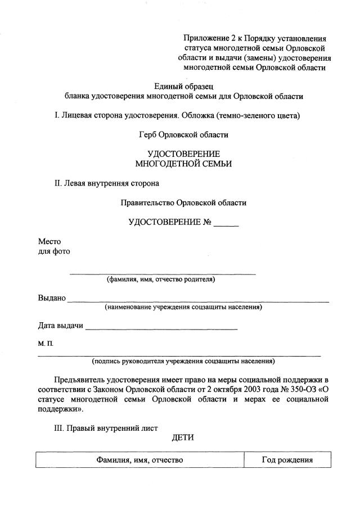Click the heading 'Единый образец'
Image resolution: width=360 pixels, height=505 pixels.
184,86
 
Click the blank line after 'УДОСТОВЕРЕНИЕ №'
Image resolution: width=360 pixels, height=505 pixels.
226,223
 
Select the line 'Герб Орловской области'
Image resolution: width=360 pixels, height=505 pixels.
183,135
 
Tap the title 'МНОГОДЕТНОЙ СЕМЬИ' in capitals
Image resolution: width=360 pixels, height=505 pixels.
183,164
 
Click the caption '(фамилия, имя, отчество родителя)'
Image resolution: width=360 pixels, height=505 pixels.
161,279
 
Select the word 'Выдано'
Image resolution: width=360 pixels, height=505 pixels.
52,297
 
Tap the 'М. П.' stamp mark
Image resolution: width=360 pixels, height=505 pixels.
46,343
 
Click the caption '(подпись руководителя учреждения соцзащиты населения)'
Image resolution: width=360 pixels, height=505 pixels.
183,361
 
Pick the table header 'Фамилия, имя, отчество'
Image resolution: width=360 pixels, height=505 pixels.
139,460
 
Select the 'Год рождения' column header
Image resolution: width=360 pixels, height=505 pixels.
287,460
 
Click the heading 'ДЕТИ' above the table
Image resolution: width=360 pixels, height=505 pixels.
183,439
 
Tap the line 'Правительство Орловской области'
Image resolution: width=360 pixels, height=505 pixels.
183,202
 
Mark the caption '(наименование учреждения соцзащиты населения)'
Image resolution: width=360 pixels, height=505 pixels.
183,307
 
